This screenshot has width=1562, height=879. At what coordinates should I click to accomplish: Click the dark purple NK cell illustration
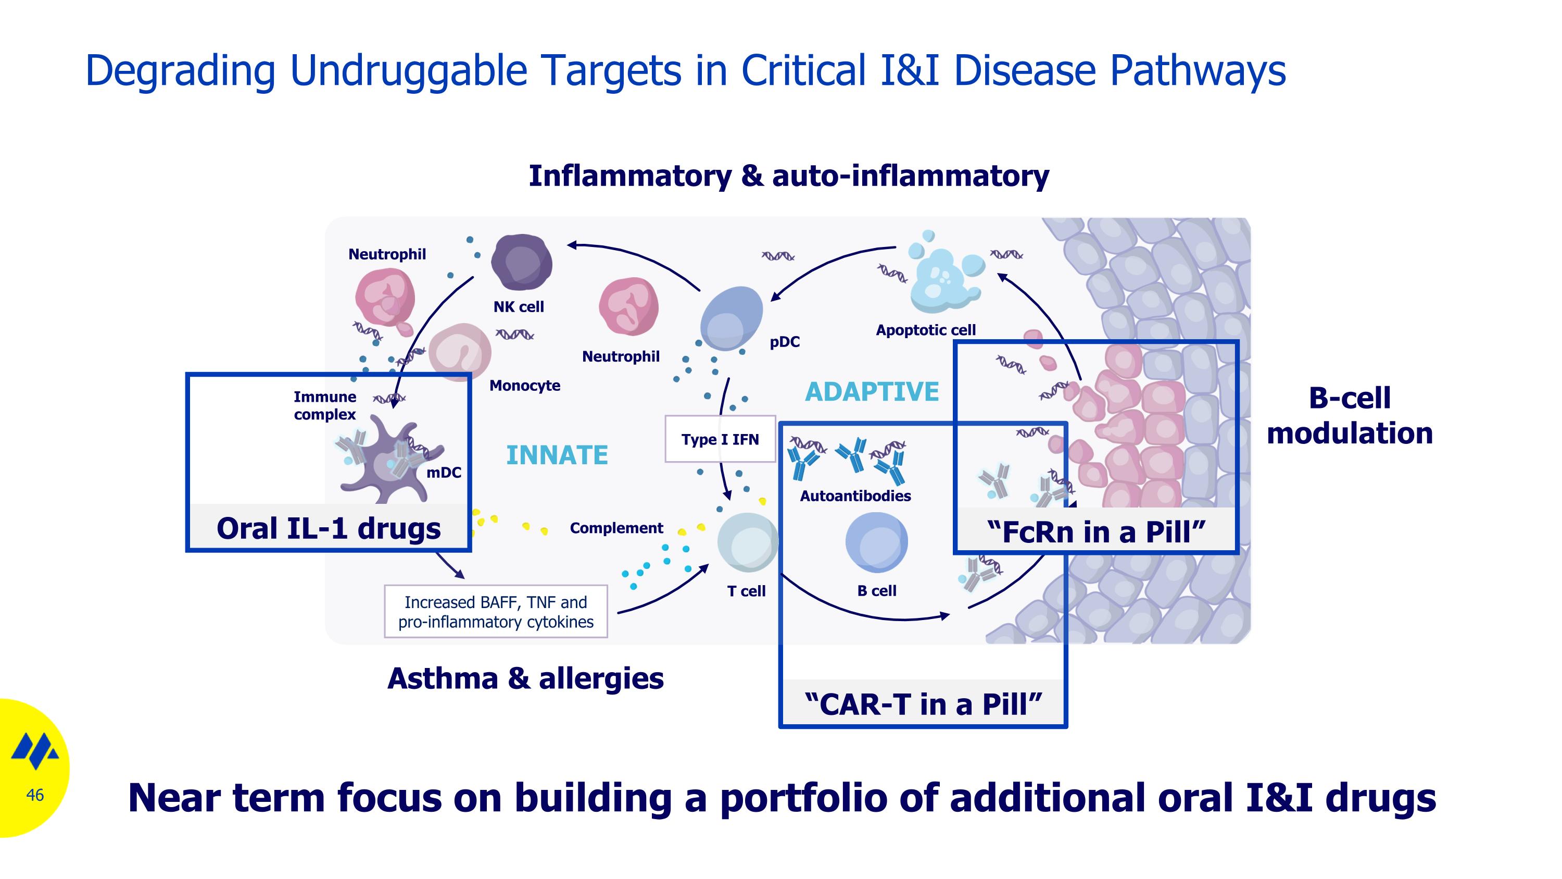click(x=522, y=262)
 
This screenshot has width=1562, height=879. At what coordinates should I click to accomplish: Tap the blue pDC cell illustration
click(x=730, y=318)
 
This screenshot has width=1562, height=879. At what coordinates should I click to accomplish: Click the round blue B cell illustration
click(x=876, y=542)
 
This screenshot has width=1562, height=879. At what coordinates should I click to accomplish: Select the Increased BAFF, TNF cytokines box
click(x=496, y=612)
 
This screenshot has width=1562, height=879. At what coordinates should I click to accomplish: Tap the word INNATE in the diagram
click(x=557, y=455)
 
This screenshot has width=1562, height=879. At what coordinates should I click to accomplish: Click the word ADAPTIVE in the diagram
click(x=872, y=392)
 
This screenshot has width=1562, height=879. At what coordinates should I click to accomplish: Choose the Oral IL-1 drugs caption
click(x=329, y=528)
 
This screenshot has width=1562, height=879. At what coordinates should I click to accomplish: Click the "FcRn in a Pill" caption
click(x=1095, y=531)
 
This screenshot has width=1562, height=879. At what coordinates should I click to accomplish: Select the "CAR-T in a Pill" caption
click(x=923, y=704)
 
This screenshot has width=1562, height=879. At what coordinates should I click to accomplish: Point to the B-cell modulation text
click(x=1350, y=416)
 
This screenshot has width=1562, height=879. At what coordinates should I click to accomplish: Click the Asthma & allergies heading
click(x=525, y=678)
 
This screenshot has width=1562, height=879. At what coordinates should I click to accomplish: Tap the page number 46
click(x=35, y=795)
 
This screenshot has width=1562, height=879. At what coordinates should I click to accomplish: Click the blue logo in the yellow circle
click(x=35, y=751)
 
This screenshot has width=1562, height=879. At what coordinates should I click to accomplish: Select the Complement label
click(x=616, y=528)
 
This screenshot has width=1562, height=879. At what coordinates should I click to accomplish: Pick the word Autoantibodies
click(x=855, y=496)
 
